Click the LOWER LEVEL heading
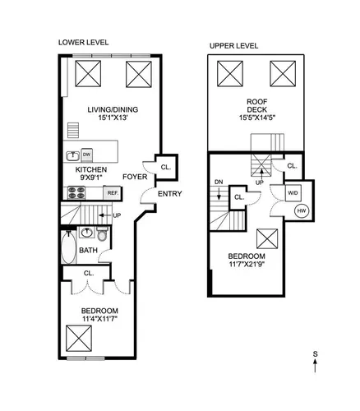[83, 43]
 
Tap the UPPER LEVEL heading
[233, 46]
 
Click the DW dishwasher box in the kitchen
[87, 155]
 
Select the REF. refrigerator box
[113, 193]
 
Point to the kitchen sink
[73, 155]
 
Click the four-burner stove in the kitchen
[76, 192]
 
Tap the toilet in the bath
[102, 233]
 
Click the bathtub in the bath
[68, 247]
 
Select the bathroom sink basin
[87, 233]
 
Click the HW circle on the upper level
[302, 210]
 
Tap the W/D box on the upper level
[293, 193]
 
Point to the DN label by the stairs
[219, 182]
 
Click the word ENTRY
[170, 194]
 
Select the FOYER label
[135, 177]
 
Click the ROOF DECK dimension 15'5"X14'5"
[256, 118]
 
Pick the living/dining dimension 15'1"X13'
[113, 118]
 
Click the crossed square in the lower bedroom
[79, 339]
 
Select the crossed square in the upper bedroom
[267, 239]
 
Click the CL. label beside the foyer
[166, 167]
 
